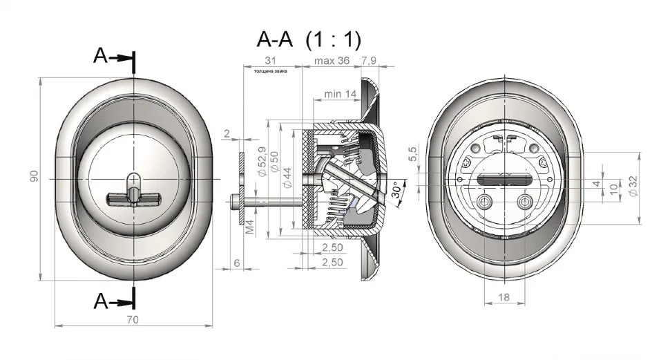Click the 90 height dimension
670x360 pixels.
32,178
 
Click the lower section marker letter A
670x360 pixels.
101,301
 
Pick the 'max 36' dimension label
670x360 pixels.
332,61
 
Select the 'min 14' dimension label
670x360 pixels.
340,93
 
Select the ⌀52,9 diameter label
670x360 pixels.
260,164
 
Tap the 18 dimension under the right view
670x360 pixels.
504,296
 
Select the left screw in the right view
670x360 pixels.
486,202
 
